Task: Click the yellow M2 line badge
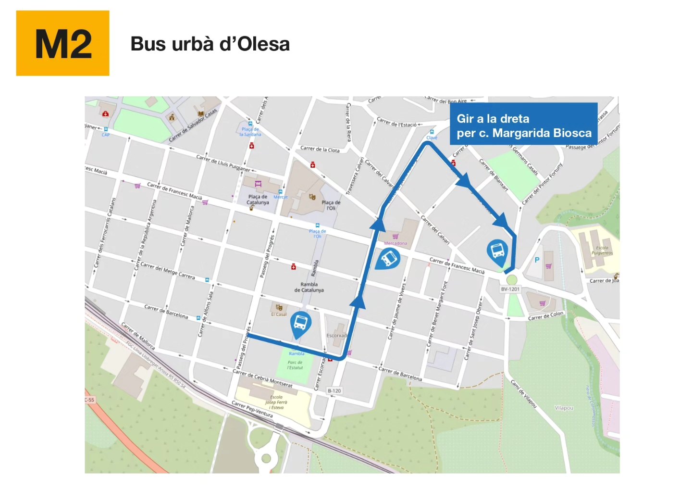pyautogui.click(x=62, y=43)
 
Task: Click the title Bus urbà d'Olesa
pyautogui.click(x=210, y=44)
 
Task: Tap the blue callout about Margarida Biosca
pyautogui.click(x=523, y=126)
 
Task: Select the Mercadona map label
pyautogui.click(x=395, y=243)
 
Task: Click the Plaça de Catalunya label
pyautogui.click(x=258, y=200)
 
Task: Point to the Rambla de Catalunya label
pyautogui.click(x=309, y=287)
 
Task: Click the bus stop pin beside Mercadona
pyautogui.click(x=388, y=259)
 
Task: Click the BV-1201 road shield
pyautogui.click(x=510, y=289)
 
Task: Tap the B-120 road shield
pyautogui.click(x=334, y=390)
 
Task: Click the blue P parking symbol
pyautogui.click(x=537, y=260)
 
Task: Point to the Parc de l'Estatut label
pyautogui.click(x=295, y=365)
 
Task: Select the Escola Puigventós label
pyautogui.click(x=602, y=251)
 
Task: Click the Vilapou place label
pyautogui.click(x=564, y=408)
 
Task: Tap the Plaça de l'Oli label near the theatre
pyautogui.click(x=331, y=205)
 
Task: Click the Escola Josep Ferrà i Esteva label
pyautogui.click(x=276, y=402)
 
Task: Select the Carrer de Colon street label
pyautogui.click(x=546, y=315)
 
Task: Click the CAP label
pyautogui.click(x=106, y=135)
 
